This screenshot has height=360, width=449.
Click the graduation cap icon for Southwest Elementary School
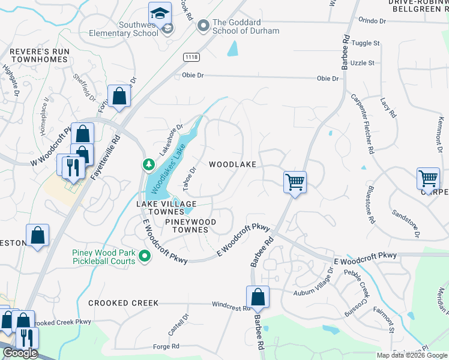160,13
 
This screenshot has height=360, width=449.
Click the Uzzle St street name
363,62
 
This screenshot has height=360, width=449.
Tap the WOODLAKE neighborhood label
232,164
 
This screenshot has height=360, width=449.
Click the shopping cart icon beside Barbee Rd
295,181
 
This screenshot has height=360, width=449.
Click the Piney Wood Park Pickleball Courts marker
145,257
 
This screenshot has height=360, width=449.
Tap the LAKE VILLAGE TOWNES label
160,208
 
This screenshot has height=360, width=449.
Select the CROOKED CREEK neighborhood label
124,303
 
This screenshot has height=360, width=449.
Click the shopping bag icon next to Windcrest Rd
258,297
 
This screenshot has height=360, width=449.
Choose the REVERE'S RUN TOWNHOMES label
38,56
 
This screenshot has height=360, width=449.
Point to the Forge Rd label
166,346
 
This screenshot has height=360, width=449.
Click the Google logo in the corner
20,353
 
